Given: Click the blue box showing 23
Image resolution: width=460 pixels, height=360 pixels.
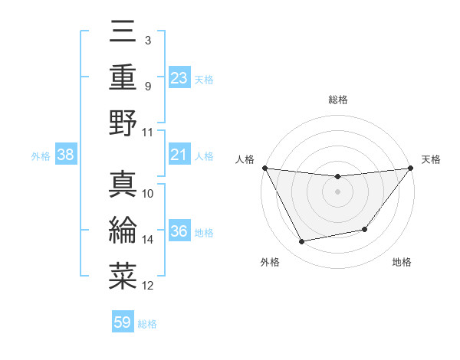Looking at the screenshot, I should click(179, 77).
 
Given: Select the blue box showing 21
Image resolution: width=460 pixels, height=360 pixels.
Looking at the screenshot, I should click(179, 155).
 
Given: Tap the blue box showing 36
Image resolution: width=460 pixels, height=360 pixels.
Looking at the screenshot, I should click(179, 231).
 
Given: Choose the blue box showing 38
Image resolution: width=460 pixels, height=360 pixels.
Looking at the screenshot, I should click(66, 155).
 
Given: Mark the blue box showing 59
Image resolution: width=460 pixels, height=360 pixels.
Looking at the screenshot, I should click(123, 322).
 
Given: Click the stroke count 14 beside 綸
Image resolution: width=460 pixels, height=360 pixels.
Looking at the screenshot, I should click(148, 240).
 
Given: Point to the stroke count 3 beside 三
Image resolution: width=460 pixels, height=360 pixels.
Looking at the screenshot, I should click(147, 39).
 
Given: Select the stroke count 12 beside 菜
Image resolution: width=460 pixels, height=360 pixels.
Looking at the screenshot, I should click(148, 286).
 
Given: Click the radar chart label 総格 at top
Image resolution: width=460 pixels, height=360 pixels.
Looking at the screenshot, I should click(337, 100).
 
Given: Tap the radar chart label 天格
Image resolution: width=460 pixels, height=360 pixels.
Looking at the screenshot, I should click(432, 159).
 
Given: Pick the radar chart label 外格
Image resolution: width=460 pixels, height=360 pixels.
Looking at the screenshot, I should click(270, 262).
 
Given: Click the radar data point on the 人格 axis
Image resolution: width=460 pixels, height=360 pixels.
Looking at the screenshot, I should click(264, 168).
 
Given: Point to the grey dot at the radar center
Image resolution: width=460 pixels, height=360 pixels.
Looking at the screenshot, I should click(337, 191).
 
